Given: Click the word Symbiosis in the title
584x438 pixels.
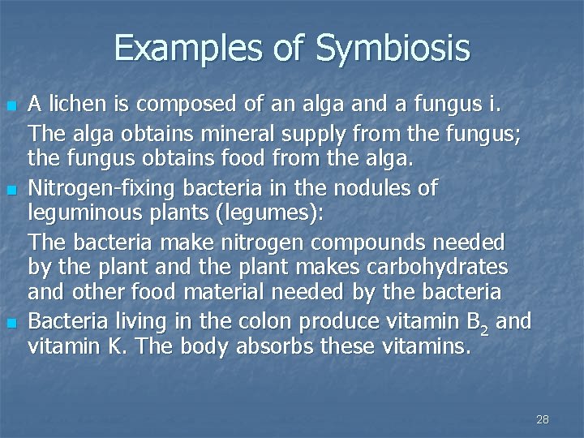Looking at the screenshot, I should (x=393, y=49).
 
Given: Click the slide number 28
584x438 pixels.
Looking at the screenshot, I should (x=543, y=419).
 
